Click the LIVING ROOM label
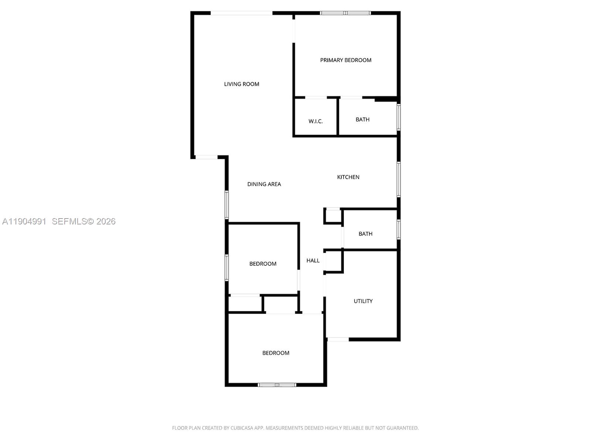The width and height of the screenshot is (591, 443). [242, 84]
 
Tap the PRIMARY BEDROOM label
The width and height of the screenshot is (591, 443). [346, 60]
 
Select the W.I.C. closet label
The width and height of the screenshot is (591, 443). [315, 121]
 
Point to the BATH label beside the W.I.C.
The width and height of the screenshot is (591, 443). [362, 120]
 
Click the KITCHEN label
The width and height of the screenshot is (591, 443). [348, 177]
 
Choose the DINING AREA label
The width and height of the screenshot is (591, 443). [264, 184]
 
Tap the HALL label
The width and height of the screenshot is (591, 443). [313, 261]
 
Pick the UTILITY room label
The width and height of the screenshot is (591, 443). [363, 301]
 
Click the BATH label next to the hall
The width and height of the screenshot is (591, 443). [365, 234]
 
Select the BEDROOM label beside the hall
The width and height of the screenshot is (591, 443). [263, 264]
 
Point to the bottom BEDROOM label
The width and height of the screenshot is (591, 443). [276, 353]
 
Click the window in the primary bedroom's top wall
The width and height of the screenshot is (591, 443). [345, 13]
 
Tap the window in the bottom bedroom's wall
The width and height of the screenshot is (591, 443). [277, 385]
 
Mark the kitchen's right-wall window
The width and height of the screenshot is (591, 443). [399, 179]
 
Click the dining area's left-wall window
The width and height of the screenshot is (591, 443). [227, 205]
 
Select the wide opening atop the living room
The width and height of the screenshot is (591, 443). [242, 13]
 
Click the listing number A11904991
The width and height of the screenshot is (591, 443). [24, 221]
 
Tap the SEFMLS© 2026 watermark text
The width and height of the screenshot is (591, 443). [84, 221]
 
